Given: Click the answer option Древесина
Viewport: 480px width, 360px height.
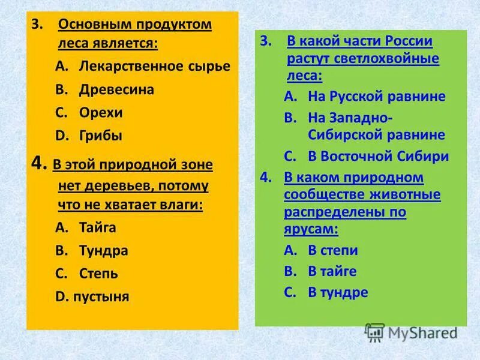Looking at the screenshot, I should pos(116,89).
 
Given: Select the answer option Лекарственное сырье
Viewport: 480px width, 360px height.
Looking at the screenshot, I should pos(154,66).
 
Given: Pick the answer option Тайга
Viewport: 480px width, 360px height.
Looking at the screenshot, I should pos(97,227).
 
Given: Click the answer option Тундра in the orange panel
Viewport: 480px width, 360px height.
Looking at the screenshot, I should pos(103,250).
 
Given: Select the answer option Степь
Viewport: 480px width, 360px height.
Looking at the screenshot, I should pos(98,274).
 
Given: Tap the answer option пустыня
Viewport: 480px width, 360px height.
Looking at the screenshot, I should pos(101,296).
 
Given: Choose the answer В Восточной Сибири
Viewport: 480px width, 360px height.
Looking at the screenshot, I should pos(378,156).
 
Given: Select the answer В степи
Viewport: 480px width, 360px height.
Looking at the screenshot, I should pos(332,250).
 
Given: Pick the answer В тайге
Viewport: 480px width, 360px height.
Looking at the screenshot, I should pos(332,271).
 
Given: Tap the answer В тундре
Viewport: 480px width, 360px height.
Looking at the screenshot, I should pos(337,292).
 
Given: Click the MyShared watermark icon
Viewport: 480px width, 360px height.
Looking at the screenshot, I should pos(374,332).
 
